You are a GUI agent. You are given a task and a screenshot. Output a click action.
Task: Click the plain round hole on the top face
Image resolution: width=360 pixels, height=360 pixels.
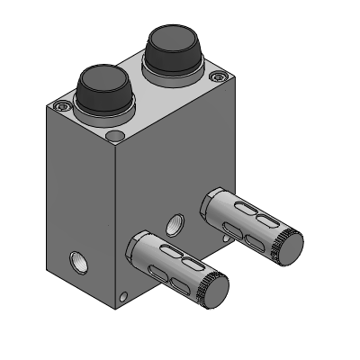(114, 136)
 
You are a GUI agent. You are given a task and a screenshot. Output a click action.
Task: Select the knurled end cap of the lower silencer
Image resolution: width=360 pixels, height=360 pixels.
(214, 290)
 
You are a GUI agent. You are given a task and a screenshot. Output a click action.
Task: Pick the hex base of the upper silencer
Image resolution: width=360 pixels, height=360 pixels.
(214, 202)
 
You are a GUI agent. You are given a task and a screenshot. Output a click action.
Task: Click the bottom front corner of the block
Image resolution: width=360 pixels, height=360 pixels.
(116, 309)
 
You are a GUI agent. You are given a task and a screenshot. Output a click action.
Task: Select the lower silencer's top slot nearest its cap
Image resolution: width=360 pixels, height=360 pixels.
(192, 263)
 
